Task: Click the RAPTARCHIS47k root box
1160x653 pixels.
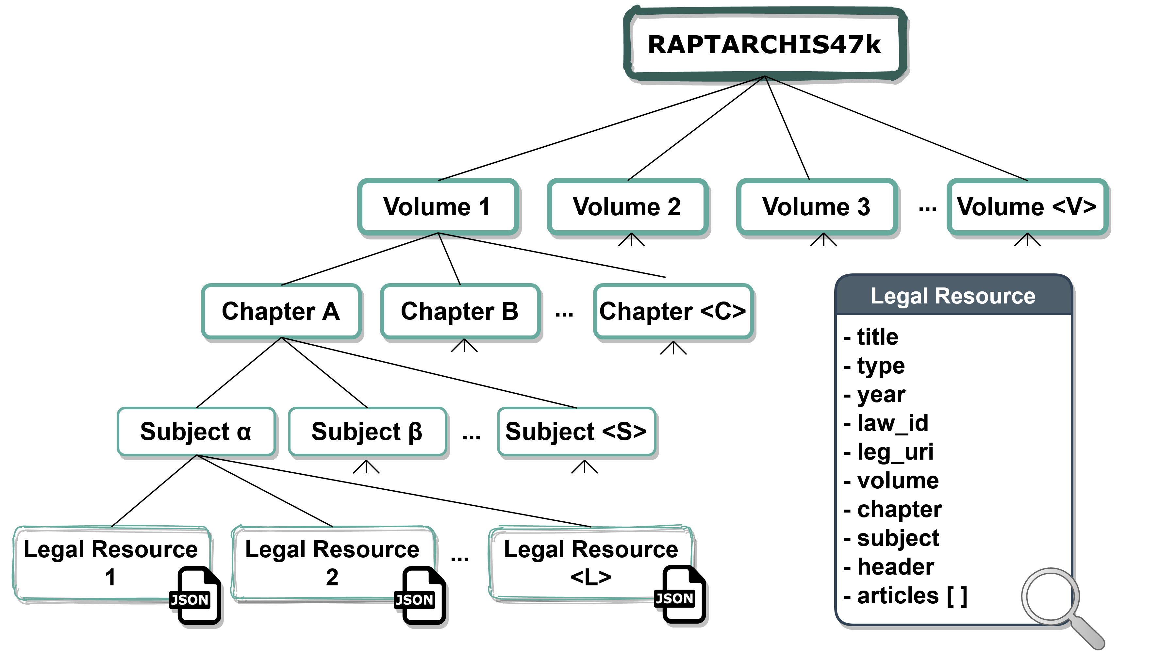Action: pos(765,44)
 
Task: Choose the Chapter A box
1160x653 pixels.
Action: pos(281,311)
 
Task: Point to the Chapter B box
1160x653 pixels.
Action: pos(460,311)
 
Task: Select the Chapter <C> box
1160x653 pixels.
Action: pos(673,311)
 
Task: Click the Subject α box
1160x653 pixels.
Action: pos(196,431)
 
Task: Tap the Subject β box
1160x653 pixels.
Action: pos(367,431)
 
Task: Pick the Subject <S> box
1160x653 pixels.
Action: pos(576,431)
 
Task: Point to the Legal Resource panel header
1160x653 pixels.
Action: pos(953,296)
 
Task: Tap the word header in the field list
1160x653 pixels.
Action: pos(895,566)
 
